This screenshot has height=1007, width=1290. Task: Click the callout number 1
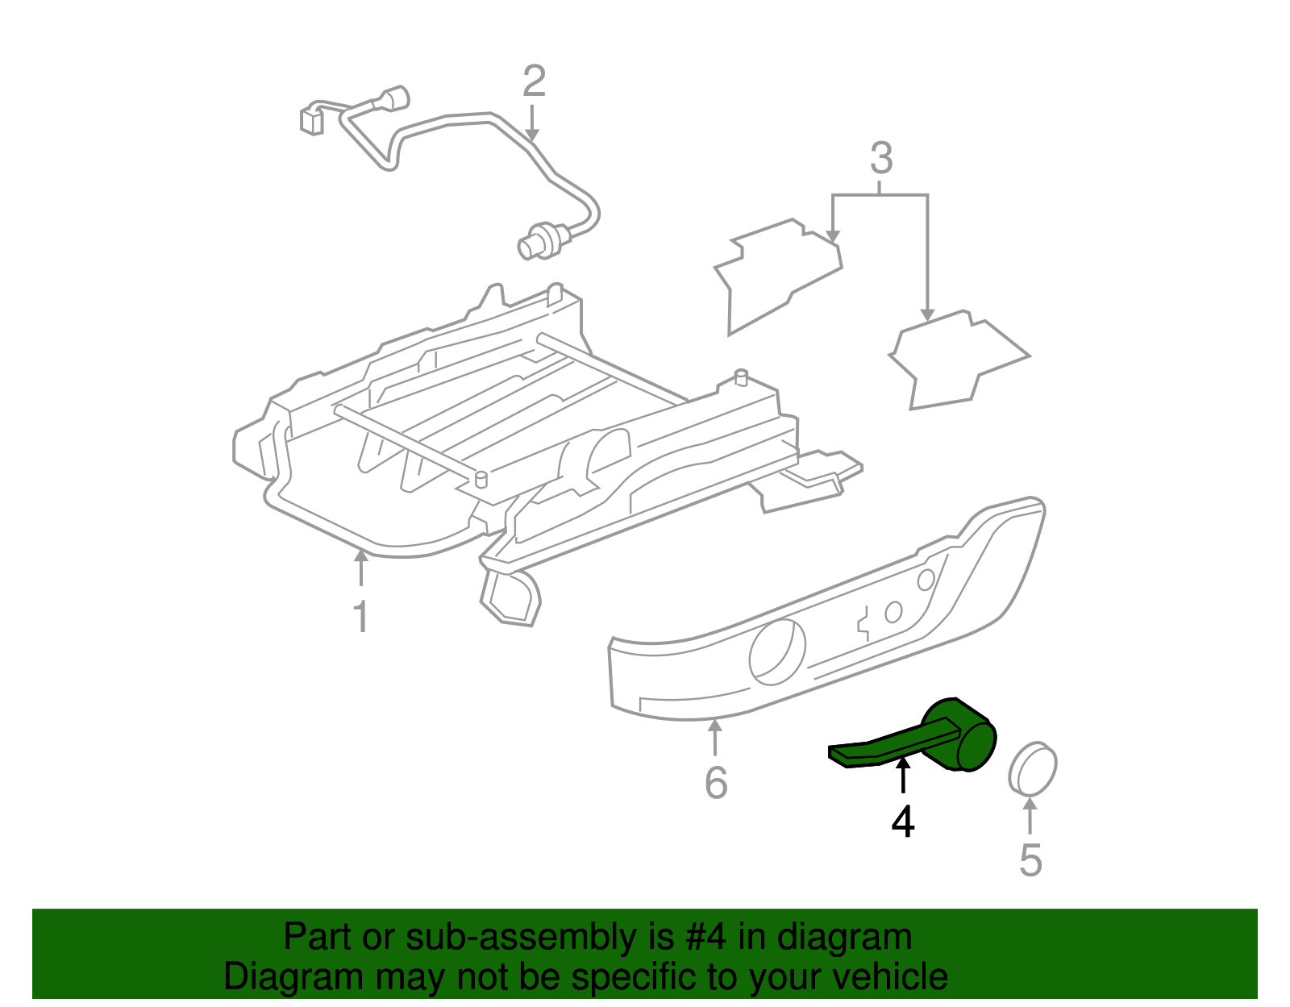(x=361, y=617)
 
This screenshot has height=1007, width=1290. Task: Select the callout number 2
(x=534, y=81)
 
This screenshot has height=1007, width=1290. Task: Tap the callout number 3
(x=881, y=159)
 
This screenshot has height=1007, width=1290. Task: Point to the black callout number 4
(x=903, y=822)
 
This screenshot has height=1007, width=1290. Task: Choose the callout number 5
(x=1030, y=860)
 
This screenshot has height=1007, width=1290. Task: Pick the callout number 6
(x=716, y=783)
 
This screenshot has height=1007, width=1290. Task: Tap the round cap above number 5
(x=1033, y=769)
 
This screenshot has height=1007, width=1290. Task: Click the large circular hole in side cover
(x=777, y=652)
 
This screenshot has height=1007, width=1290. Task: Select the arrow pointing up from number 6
(x=715, y=737)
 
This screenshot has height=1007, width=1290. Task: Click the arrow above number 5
(x=1030, y=814)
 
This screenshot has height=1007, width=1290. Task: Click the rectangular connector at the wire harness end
(x=311, y=119)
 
